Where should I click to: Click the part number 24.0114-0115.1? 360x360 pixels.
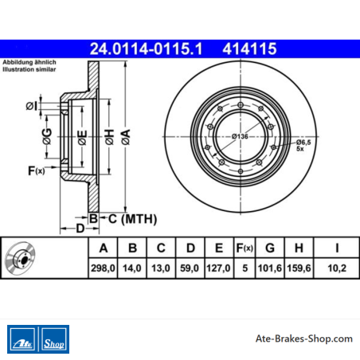pos(146,49)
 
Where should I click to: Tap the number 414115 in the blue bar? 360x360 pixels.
pos(249,49)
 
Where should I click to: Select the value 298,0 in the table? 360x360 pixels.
pos(103,268)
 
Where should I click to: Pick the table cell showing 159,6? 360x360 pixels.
pos(299,268)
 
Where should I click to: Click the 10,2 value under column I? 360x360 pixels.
pos(337,268)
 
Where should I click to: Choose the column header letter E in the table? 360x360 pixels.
pos(219,248)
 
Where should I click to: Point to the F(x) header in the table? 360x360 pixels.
pos(245,248)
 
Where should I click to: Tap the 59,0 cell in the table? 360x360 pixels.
pos(190,268)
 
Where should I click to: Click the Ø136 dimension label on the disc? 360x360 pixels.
pos(240,136)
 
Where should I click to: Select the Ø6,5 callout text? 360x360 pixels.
pos(303,143)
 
